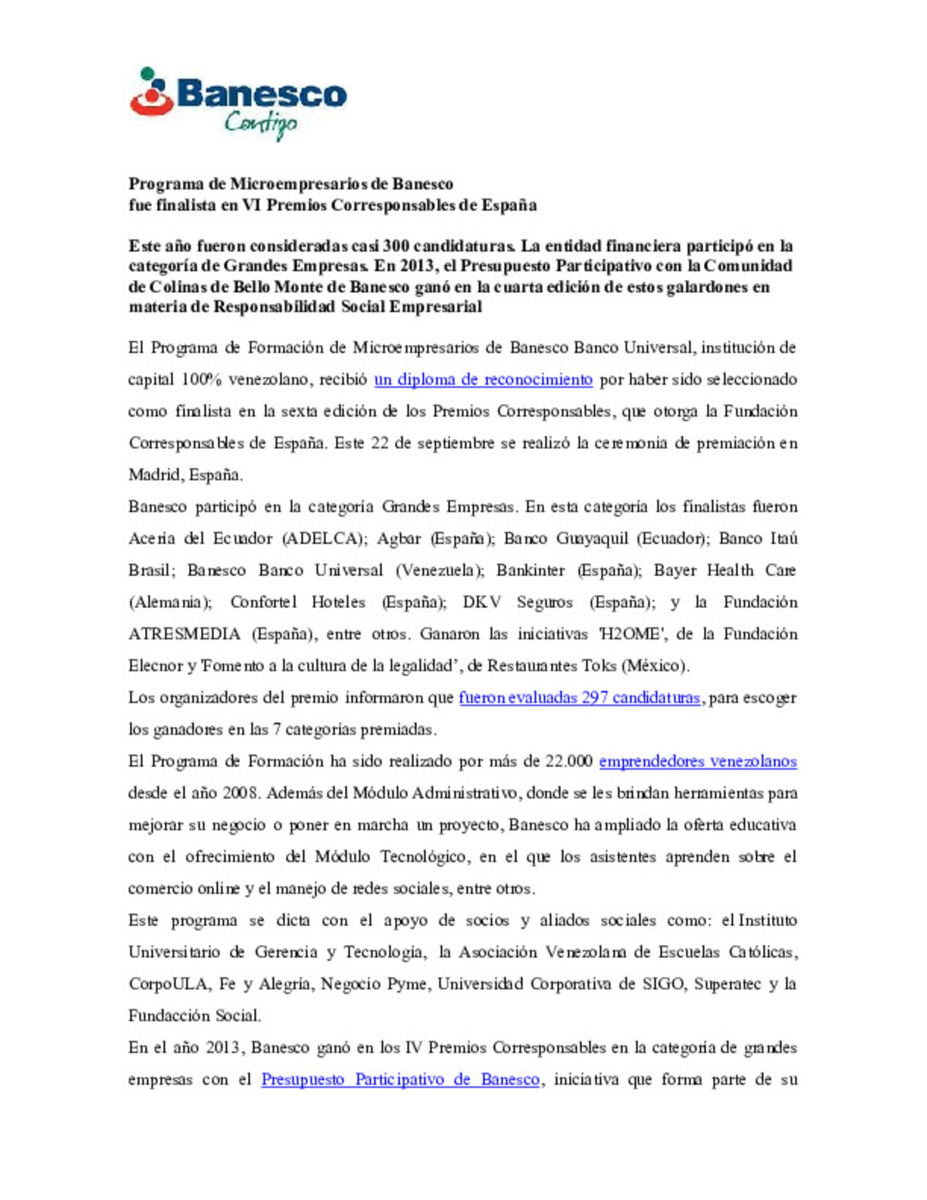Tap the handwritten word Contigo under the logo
261,124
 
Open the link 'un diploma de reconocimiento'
483,379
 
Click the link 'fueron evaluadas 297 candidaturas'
579,698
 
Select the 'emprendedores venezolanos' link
698,761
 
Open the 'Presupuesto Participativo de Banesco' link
401,1080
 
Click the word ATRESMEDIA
185,634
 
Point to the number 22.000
568,761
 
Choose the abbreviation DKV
482,603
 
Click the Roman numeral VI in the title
251,205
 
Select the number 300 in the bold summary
396,246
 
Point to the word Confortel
264,603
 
